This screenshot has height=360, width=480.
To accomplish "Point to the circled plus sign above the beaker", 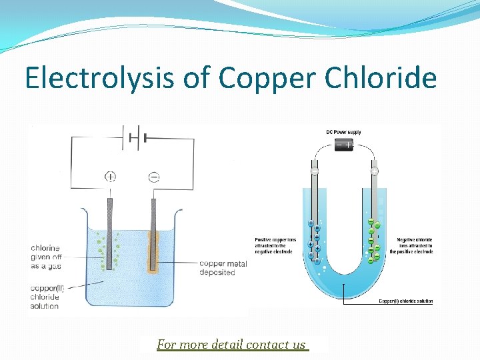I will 110,177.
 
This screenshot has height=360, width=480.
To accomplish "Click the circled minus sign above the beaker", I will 154,177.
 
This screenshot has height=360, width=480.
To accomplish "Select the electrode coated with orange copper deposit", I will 154,237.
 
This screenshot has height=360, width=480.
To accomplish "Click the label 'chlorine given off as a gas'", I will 45,257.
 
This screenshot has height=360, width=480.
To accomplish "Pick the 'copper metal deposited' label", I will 223,268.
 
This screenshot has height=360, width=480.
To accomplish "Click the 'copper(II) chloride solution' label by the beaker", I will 45,297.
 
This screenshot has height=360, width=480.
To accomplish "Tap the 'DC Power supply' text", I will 343,132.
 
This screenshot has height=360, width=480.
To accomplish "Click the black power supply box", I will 343,145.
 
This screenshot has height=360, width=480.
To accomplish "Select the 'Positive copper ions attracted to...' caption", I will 274,245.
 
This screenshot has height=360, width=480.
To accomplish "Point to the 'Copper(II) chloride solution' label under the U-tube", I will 405,301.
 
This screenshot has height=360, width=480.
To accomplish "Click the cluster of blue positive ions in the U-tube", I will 313,241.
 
